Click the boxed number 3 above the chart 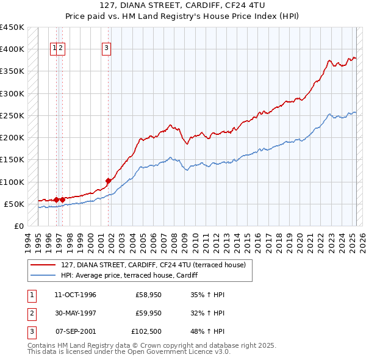pos(106,48)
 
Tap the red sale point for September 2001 pos(108,181)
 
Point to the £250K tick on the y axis pos(12,115)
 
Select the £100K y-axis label pos(12,182)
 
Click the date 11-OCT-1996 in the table pos(75,295)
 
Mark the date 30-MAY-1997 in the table pos(75,314)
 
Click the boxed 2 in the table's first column pos(31,314)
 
